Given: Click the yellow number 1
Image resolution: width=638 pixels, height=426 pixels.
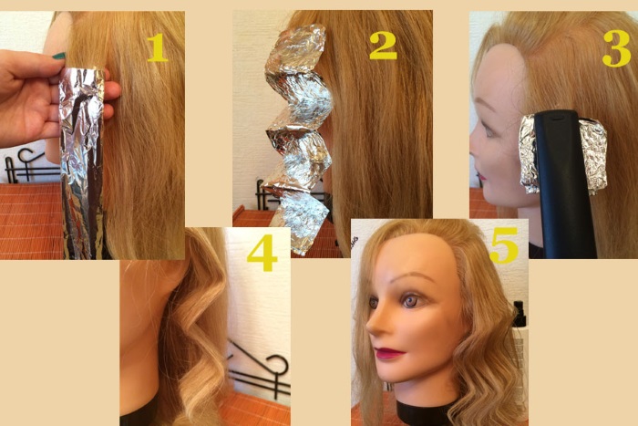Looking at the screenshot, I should (158, 47).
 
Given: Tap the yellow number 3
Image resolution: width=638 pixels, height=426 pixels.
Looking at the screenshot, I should (616, 50).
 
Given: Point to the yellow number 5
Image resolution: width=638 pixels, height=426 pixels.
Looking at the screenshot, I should (504, 244).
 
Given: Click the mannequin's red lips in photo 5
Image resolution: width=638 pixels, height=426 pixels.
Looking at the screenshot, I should (389, 353).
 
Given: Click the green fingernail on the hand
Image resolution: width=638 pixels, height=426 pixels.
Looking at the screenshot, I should (58, 57).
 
